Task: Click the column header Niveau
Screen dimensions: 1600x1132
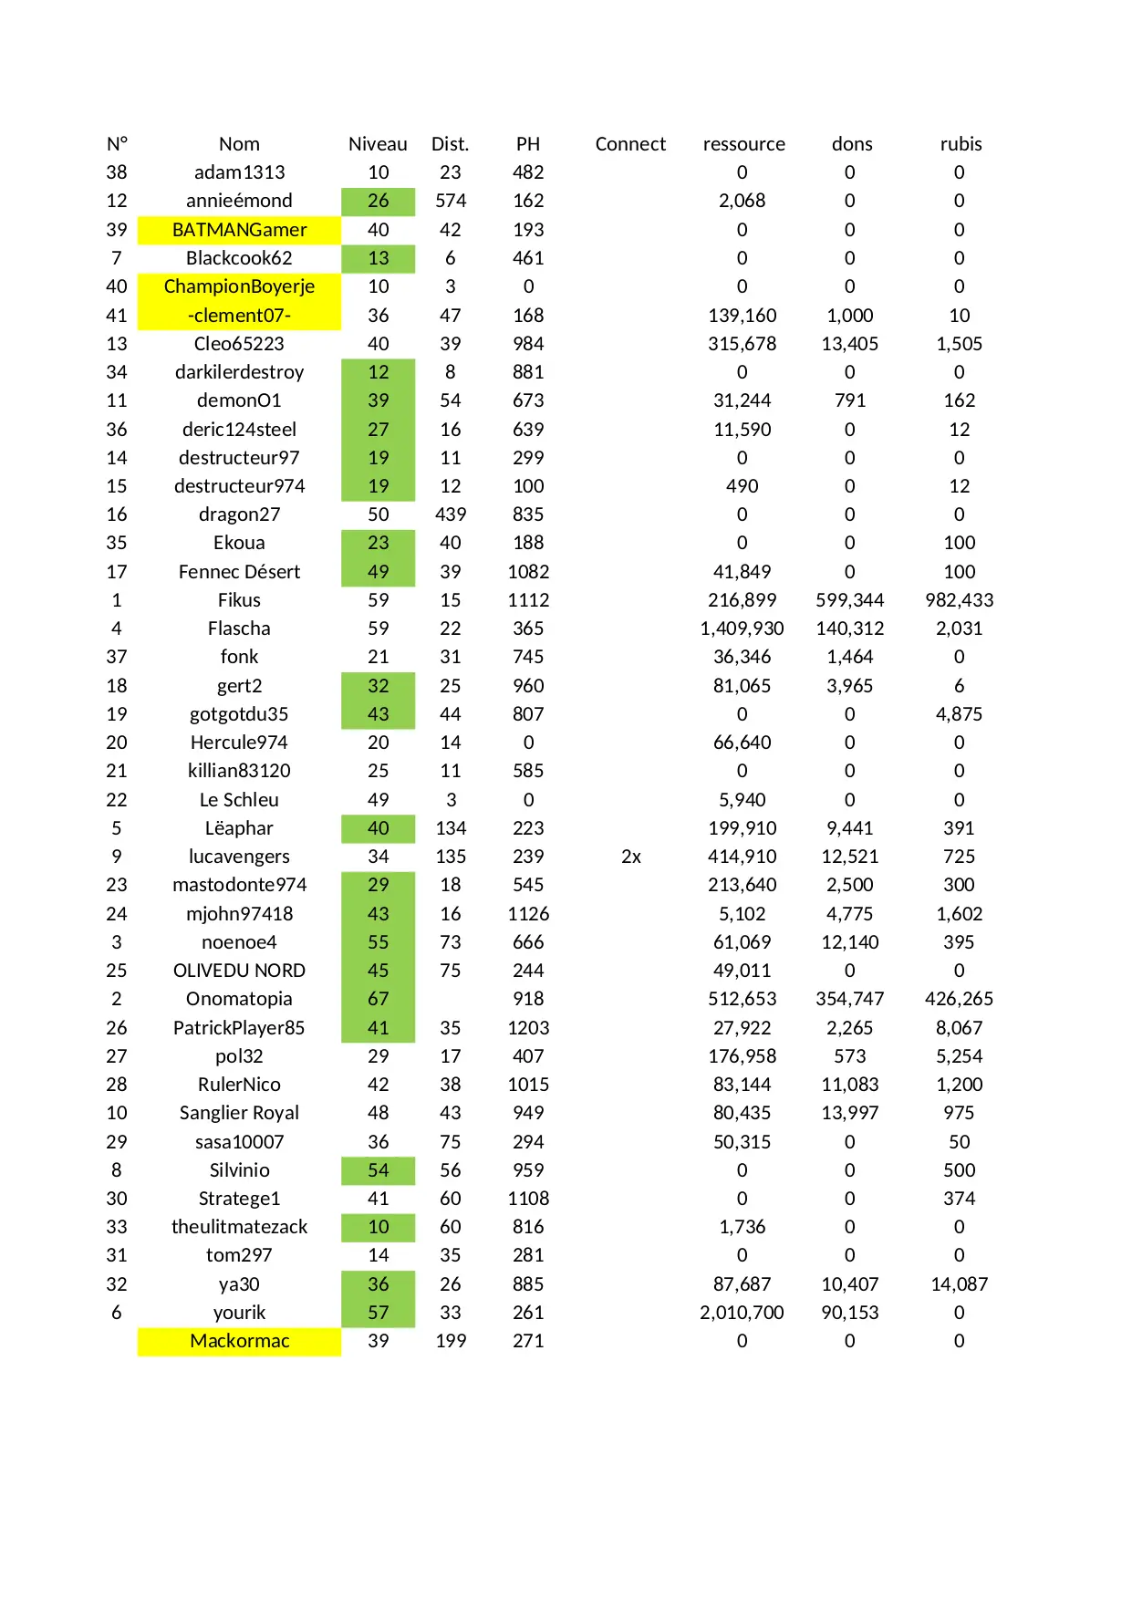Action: click(x=378, y=144)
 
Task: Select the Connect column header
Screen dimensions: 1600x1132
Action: click(x=630, y=144)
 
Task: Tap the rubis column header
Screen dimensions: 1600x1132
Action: click(x=961, y=144)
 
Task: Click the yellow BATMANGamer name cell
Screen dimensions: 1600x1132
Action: click(x=239, y=230)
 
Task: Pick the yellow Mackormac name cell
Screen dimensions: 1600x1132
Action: click(x=239, y=1341)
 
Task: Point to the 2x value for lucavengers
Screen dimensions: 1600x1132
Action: click(x=631, y=857)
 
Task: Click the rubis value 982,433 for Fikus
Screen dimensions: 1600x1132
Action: click(x=959, y=600)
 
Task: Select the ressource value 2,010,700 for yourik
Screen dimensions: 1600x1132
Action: click(x=742, y=1313)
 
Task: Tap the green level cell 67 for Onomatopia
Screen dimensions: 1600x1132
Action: click(x=378, y=999)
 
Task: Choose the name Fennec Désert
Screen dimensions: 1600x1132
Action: click(x=239, y=572)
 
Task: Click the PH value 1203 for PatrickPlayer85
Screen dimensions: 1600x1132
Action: click(x=528, y=1028)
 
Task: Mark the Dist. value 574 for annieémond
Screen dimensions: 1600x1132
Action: click(x=451, y=201)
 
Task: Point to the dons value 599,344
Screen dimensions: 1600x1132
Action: click(x=849, y=600)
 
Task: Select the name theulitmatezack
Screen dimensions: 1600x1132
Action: click(x=239, y=1227)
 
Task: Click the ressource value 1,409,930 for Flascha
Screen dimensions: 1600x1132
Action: click(x=742, y=629)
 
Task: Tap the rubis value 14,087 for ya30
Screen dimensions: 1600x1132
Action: click(x=959, y=1284)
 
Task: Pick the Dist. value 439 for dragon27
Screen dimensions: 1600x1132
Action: click(x=451, y=514)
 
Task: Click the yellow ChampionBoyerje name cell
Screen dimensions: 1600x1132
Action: click(x=239, y=286)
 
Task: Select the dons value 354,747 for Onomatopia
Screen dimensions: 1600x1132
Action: click(x=849, y=999)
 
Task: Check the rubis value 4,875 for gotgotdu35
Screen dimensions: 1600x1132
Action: click(x=959, y=714)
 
